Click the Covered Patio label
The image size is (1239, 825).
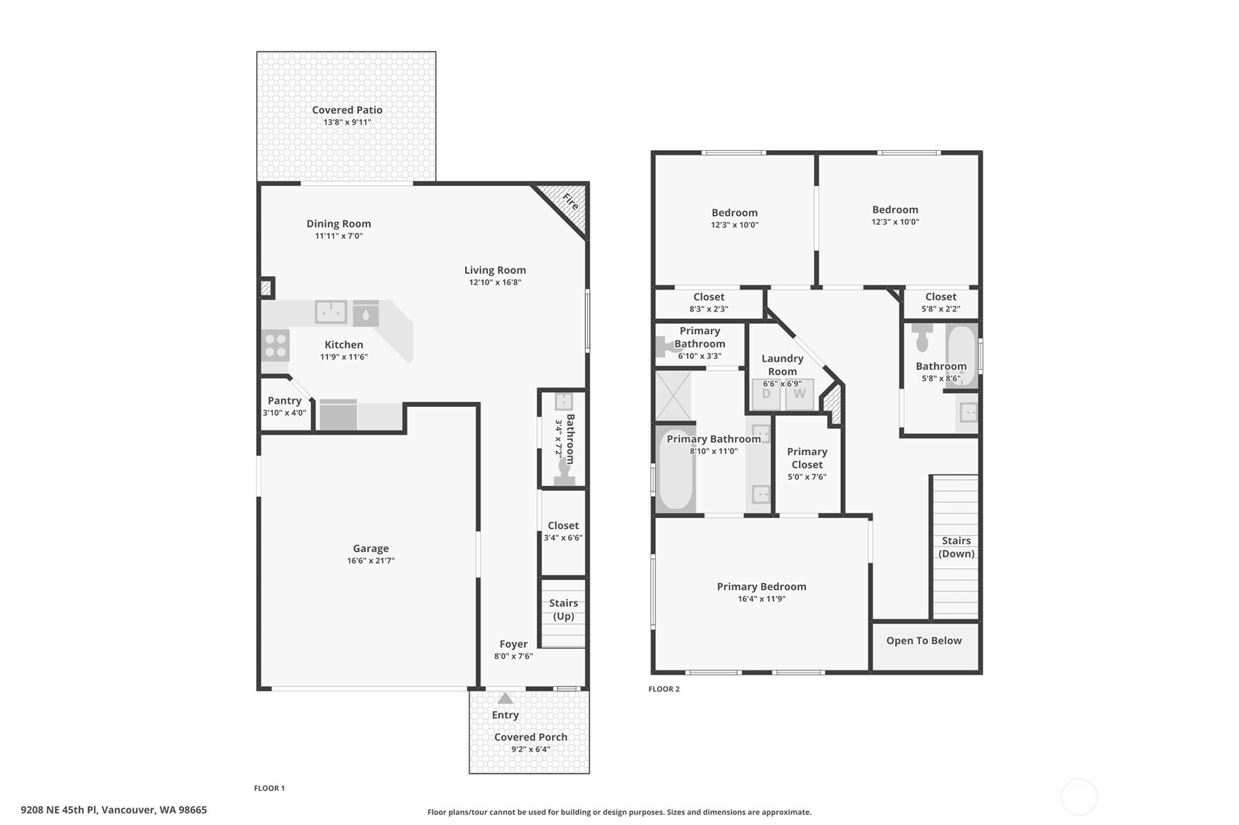click(347, 110)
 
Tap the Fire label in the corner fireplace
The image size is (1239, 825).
click(570, 202)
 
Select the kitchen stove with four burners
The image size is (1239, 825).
click(275, 345)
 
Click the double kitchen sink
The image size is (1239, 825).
click(331, 311)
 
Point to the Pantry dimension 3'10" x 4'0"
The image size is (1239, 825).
click(284, 413)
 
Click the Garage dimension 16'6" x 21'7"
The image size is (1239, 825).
click(370, 561)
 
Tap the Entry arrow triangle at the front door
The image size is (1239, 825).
click(505, 699)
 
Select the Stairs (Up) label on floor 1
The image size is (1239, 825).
click(563, 610)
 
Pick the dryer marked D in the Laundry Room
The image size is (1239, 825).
click(766, 395)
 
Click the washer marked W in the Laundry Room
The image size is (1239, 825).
click(799, 395)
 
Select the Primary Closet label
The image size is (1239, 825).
click(807, 458)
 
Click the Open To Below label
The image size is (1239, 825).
click(924, 640)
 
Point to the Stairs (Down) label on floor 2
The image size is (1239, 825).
click(956, 547)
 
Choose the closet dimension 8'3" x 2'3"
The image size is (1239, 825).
click(708, 309)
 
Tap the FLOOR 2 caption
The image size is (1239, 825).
click(664, 689)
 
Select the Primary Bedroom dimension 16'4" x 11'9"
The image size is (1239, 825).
click(761, 599)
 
